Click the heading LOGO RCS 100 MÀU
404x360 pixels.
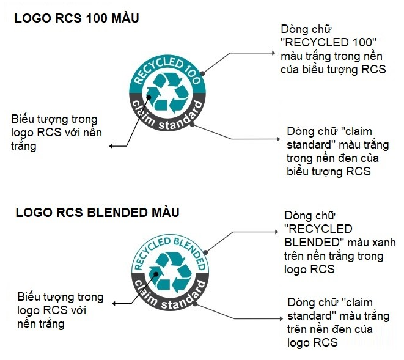[76, 18]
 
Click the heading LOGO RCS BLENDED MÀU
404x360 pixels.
[97, 213]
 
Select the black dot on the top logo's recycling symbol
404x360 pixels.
[149, 97]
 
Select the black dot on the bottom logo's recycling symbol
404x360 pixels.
[156, 274]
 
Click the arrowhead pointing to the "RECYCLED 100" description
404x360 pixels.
[274, 53]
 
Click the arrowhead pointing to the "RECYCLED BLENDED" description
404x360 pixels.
[276, 232]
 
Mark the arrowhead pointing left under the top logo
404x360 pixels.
[111, 146]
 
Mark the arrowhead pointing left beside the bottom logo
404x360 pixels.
[114, 304]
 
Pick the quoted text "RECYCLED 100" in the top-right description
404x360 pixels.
[328, 43]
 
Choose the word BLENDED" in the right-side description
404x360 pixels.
[315, 243]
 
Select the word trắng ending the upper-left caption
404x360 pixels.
[24, 146]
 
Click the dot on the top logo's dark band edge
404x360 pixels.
[192, 125]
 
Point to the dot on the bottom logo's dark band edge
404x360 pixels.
[196, 304]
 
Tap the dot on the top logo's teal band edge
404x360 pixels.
[202, 73]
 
